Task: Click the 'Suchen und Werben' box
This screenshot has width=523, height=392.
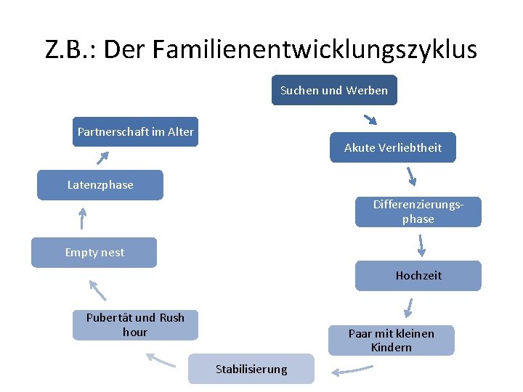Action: (334, 91)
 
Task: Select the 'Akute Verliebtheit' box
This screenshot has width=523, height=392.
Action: (393, 148)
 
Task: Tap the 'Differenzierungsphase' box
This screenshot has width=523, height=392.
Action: (418, 212)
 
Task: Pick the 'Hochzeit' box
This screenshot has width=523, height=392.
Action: (418, 276)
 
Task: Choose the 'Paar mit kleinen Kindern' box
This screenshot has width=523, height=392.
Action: (391, 340)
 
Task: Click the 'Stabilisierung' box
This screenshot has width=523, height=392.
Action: (251, 369)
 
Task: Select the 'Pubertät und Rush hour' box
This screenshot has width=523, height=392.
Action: (135, 325)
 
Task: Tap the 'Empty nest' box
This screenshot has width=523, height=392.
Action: (94, 253)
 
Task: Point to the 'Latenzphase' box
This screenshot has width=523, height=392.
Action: (100, 185)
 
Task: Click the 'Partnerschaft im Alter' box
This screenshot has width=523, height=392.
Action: (135, 132)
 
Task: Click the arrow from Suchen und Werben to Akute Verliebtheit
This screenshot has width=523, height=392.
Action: (370, 119)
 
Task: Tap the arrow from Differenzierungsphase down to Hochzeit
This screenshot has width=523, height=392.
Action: (421, 245)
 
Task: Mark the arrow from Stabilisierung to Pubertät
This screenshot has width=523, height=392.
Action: (161, 359)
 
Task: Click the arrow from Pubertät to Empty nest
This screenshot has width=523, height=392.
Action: (97, 290)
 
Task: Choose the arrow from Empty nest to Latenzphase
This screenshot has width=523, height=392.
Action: (82, 218)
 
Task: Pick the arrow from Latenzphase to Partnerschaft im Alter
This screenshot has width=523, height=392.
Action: (105, 158)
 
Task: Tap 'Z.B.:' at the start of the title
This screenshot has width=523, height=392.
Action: (70, 49)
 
